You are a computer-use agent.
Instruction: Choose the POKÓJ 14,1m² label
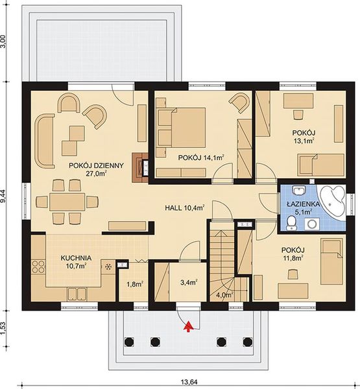click(x=200, y=157)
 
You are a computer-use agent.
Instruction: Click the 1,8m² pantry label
click(x=134, y=283)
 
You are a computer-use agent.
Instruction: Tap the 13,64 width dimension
click(x=189, y=381)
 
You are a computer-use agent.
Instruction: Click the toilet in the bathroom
click(x=293, y=224)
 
